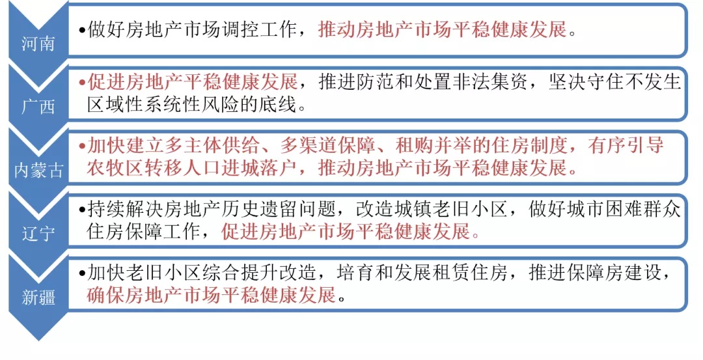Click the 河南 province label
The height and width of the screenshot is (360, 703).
[x=38, y=44]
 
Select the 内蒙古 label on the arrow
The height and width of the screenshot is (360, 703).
[x=40, y=171]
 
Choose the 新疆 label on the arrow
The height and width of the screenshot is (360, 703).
[x=38, y=298]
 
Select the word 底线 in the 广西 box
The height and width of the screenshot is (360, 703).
[x=287, y=104]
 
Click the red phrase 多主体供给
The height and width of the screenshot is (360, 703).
[x=219, y=145]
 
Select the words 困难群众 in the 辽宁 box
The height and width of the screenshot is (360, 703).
[x=644, y=209]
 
